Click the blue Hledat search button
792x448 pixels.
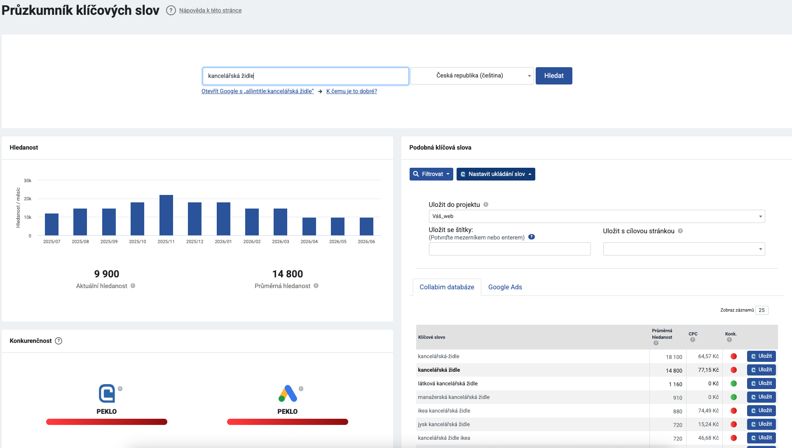tap(554, 76)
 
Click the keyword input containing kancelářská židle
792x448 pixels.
tap(305, 76)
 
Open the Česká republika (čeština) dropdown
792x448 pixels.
tap(472, 76)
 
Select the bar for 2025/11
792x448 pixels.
tap(166, 215)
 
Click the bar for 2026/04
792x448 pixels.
tap(309, 226)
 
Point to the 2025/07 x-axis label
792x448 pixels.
tap(52, 242)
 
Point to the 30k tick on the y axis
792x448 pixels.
tap(28, 181)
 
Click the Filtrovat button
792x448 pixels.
tap(431, 174)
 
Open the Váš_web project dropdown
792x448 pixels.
tap(597, 216)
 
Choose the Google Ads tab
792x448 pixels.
tap(505, 287)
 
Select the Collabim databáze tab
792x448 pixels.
tap(447, 287)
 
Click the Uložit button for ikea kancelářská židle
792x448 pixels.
tap(762, 410)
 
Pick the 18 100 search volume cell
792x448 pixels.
tap(674, 357)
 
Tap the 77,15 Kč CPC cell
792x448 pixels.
tap(708, 370)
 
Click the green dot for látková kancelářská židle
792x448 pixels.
tap(733, 384)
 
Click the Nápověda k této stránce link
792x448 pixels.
tap(210, 10)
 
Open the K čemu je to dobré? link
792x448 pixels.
tap(351, 91)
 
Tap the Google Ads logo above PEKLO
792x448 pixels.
tap(288, 394)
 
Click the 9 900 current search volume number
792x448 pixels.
tap(107, 274)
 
